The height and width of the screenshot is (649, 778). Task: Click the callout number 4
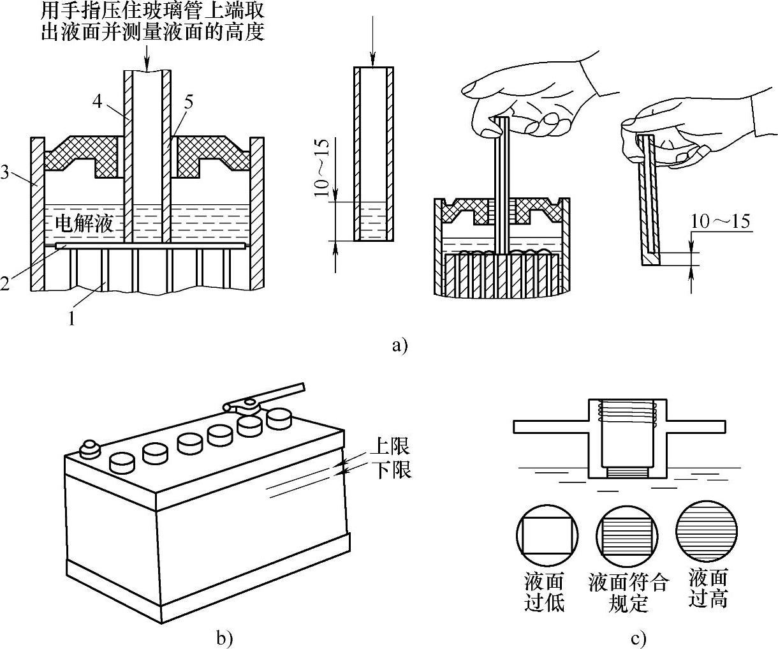(97, 101)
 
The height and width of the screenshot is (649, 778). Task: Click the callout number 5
(189, 102)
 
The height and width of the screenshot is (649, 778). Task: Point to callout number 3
(4, 172)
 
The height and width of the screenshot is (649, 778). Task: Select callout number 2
(4, 283)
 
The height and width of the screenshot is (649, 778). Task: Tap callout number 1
(72, 318)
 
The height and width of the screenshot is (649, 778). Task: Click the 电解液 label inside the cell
(84, 224)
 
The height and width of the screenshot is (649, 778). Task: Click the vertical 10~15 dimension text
(321, 167)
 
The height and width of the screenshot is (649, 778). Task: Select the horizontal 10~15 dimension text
(720, 221)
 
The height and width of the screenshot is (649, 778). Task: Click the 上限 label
(390, 445)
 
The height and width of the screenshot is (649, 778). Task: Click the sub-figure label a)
(400, 345)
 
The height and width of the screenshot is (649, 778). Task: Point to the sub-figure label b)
(224, 638)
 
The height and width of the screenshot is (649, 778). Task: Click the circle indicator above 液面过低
(547, 536)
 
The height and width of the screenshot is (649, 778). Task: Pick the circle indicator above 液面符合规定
(627, 536)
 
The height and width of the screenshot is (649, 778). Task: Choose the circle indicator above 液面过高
(707, 531)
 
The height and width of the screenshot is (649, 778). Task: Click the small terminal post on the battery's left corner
(90, 450)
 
